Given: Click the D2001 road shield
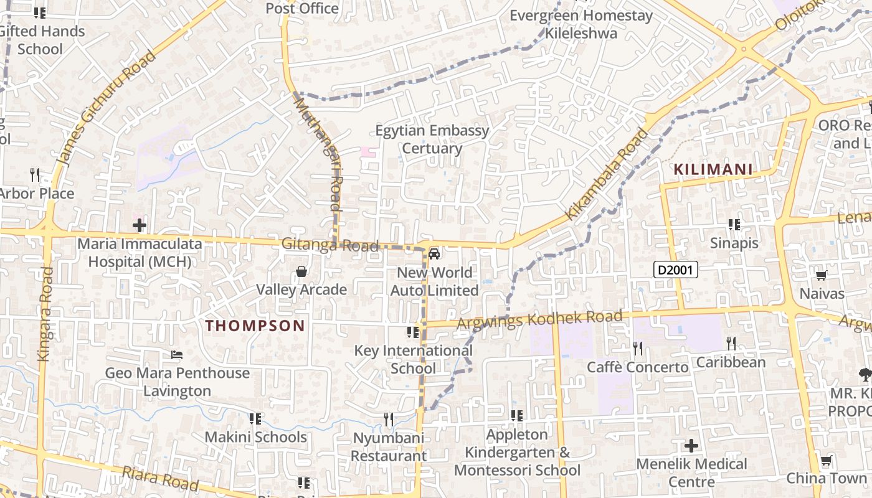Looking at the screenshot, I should click(675, 270).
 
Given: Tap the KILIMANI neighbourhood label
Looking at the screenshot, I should click(713, 169).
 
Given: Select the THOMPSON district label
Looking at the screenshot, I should click(255, 326).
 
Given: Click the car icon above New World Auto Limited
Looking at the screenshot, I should click(434, 253).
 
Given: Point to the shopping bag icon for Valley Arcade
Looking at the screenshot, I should click(301, 271).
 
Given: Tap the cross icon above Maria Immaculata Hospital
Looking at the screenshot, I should click(140, 225).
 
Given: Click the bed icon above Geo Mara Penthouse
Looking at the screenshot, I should click(177, 355).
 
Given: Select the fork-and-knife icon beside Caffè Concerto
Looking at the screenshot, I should click(637, 348).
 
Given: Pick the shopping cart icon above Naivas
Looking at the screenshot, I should click(821, 275).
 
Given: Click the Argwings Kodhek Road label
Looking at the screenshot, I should click(539, 320).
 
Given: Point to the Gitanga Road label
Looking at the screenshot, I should click(329, 245).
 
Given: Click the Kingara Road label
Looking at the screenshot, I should click(45, 314).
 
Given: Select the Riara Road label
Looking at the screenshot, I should click(160, 478).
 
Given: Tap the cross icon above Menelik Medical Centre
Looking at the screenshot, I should click(691, 446).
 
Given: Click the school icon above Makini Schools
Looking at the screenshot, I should click(255, 418).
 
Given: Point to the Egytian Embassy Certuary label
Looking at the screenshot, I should click(432, 139).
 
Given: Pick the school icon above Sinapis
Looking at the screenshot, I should click(734, 225).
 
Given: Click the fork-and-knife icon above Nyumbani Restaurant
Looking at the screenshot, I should click(389, 420).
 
